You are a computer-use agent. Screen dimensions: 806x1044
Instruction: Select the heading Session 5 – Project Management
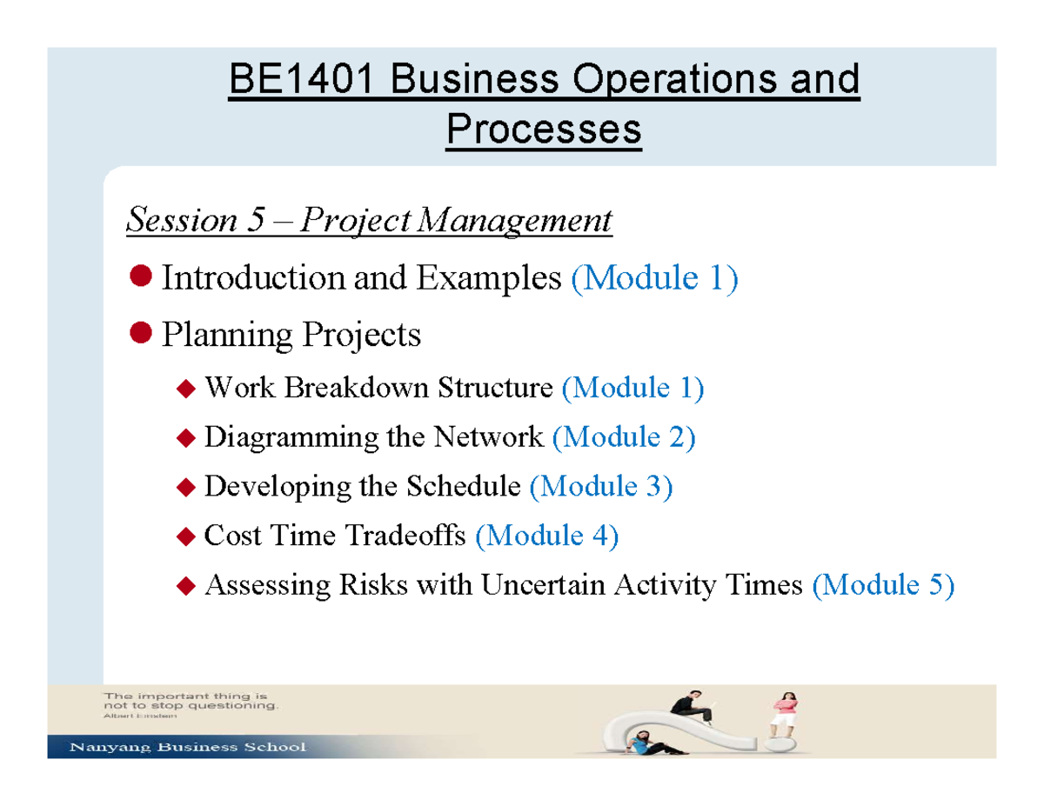tap(369, 220)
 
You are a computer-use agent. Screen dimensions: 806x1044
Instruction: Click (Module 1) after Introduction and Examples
tap(654, 278)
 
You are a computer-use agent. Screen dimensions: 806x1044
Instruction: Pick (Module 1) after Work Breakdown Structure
tap(632, 388)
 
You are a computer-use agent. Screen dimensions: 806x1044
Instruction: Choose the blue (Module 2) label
tap(624, 437)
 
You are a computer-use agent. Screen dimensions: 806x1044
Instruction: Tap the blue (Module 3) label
tap(601, 487)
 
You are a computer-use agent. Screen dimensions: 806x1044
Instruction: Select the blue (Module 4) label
tap(547, 536)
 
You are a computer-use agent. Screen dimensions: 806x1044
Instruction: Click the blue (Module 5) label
tap(882, 586)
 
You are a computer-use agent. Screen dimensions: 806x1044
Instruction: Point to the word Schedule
tap(462, 487)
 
